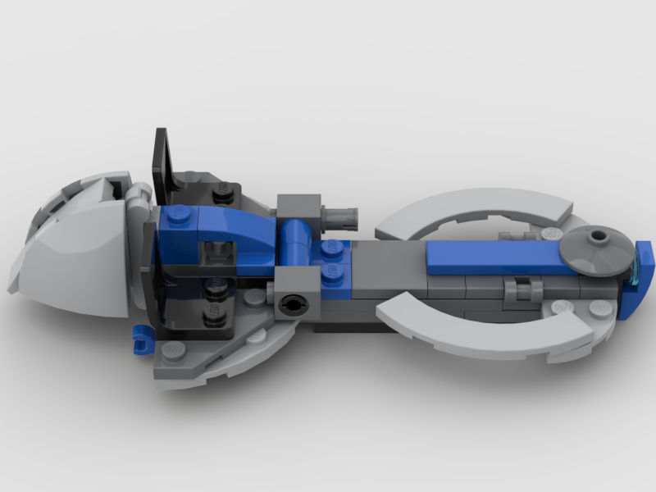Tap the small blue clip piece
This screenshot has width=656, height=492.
(x=140, y=333)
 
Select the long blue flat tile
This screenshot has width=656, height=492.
(x=500, y=257)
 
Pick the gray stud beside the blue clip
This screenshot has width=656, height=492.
(x=173, y=350)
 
